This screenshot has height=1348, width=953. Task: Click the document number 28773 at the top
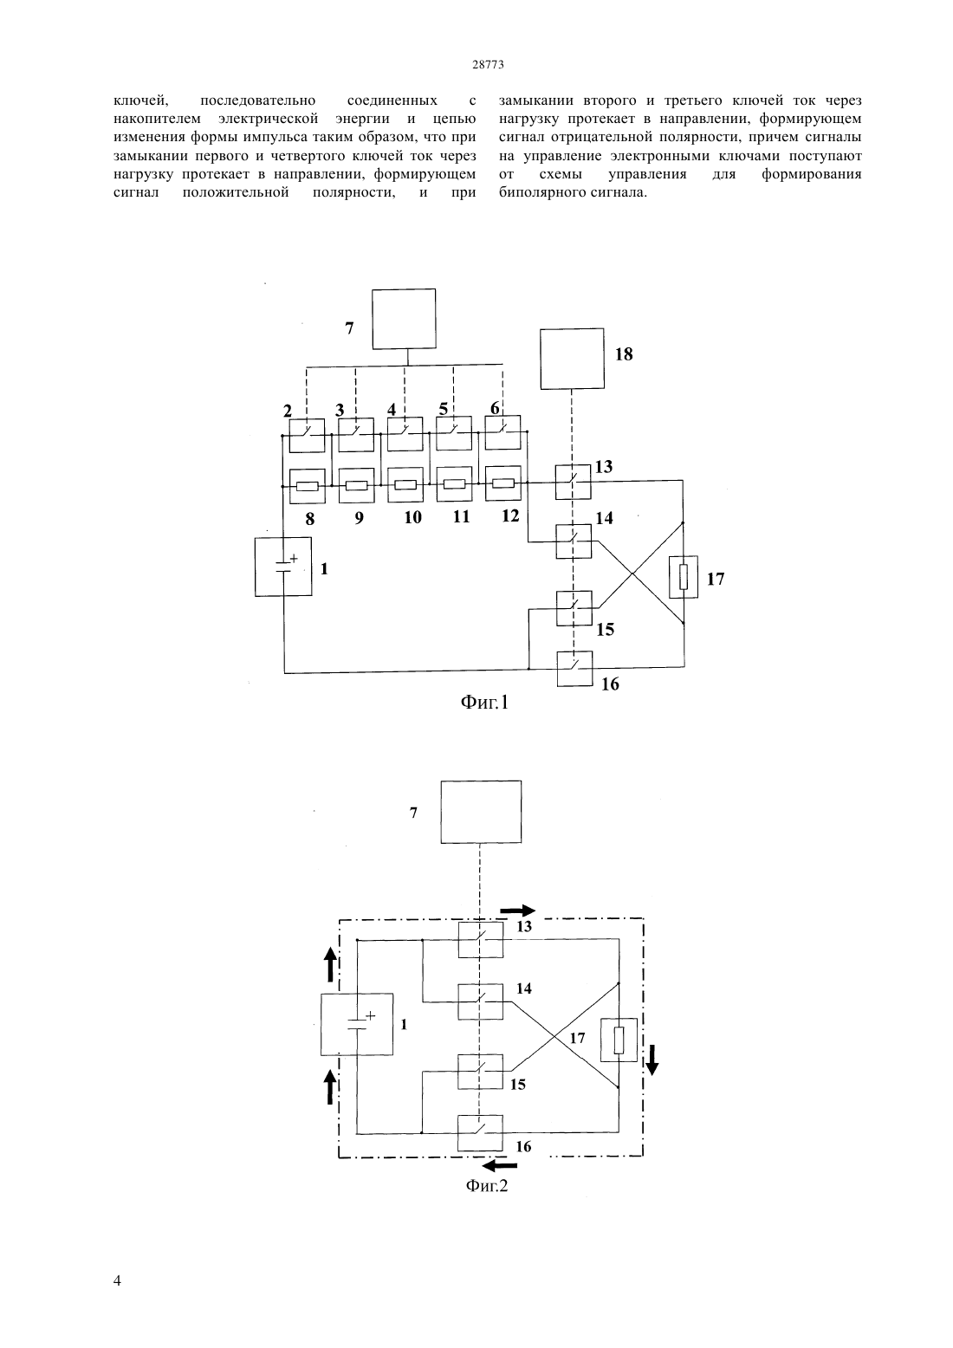point(488,65)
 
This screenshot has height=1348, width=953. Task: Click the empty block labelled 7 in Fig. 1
point(404,319)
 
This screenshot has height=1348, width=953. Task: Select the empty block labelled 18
point(572,359)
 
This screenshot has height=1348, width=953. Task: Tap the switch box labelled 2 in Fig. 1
point(307,436)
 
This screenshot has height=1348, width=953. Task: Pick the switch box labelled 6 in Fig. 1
point(503,432)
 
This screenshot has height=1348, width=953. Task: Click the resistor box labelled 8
point(308,486)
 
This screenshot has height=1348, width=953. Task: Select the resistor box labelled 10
point(405,485)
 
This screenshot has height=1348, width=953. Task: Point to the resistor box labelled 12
point(503,483)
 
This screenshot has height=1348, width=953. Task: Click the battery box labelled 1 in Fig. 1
point(283,567)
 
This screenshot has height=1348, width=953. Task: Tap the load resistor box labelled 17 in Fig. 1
point(684,577)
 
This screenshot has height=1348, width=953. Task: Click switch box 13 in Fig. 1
point(574,482)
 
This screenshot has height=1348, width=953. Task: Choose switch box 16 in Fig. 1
point(574,669)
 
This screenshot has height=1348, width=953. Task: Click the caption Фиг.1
point(485,703)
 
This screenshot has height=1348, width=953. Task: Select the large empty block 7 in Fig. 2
point(482,812)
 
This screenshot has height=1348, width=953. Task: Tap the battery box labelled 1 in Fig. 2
point(357,1024)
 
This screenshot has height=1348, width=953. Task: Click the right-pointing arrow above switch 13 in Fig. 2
point(518,910)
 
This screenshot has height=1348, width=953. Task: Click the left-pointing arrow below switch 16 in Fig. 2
point(501,1167)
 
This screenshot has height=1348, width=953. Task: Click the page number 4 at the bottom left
point(117,1280)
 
